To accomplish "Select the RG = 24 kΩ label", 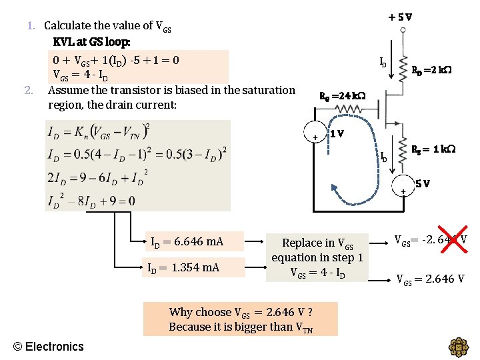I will (x=343, y=96).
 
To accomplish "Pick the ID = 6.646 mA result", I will (x=187, y=241).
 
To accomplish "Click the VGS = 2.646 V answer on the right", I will (x=430, y=279).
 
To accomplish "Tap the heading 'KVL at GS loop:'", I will (x=91, y=41).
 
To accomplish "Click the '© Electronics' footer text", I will (x=49, y=346).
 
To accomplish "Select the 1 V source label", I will (x=337, y=133).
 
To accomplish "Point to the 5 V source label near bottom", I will (x=422, y=183).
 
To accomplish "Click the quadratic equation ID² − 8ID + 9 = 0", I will (x=91, y=201).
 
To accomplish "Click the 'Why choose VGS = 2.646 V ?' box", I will (x=240, y=319).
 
